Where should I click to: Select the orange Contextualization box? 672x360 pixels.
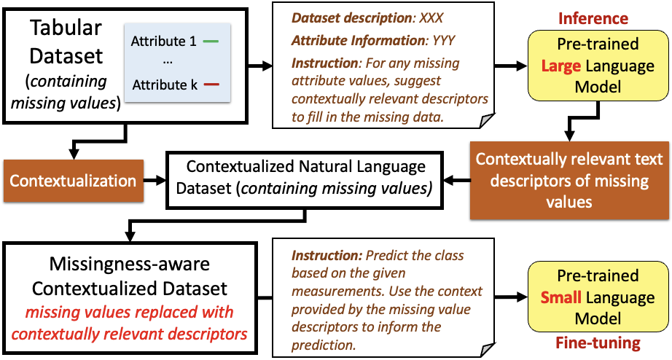point(74,181)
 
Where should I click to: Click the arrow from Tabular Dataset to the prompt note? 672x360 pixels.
point(259,67)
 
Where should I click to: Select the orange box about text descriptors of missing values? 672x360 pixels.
point(569,179)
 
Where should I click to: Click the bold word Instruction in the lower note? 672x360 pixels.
point(324,257)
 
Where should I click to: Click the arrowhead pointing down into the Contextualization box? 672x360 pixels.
point(74,154)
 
